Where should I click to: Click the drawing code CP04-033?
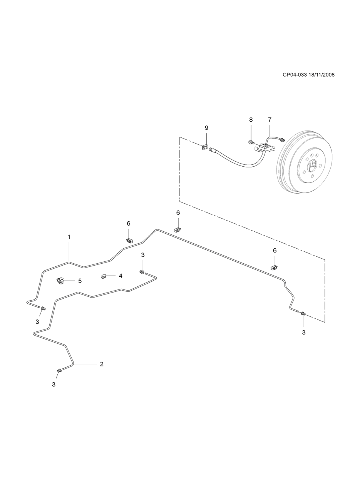click(x=295, y=75)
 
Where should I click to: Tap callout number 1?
click(x=69, y=237)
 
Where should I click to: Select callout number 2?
click(x=102, y=364)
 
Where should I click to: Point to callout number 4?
click(x=120, y=276)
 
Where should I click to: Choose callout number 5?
click(x=80, y=281)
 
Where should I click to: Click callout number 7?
click(x=270, y=120)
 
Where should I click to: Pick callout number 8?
click(x=251, y=120)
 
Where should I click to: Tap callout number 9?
click(x=206, y=128)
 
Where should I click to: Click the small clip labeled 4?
click(x=104, y=276)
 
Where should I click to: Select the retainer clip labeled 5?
click(x=60, y=281)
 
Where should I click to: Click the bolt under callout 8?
click(x=251, y=142)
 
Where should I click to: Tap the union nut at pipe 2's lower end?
click(x=59, y=371)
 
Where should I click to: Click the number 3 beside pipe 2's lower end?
click(x=54, y=384)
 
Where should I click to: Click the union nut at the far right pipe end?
click(x=303, y=314)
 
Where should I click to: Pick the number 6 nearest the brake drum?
click(x=275, y=251)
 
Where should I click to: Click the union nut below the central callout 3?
click(x=142, y=272)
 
